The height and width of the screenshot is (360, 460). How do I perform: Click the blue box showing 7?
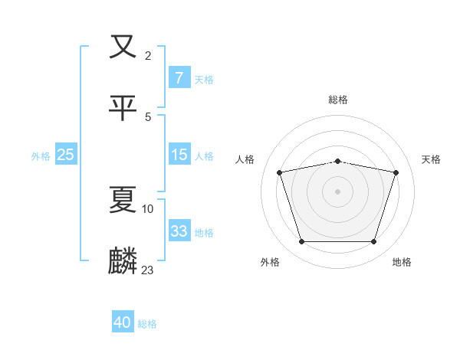click(179, 77)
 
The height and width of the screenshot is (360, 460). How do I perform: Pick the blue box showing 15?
click(179, 155)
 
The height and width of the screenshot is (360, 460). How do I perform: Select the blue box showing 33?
click(179, 231)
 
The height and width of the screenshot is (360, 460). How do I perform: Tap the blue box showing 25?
click(66, 155)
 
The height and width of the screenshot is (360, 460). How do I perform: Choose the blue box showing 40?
click(123, 322)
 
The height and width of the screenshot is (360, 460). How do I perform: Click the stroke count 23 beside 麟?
click(148, 270)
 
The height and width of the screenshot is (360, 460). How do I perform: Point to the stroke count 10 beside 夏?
click(148, 208)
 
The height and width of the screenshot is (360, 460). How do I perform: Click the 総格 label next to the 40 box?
click(147, 324)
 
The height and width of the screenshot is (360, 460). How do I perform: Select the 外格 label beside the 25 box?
click(41, 155)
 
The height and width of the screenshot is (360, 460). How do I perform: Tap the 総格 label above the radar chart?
click(337, 100)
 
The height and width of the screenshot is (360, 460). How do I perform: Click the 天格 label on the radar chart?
click(432, 159)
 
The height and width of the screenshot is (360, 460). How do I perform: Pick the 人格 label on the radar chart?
click(245, 159)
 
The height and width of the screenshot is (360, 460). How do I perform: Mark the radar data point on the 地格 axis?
click(373, 242)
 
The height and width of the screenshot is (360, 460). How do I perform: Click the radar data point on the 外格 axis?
click(301, 242)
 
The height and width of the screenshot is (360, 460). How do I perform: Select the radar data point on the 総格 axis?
click(337, 161)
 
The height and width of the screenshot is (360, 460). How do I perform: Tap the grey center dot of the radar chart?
click(337, 191)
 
